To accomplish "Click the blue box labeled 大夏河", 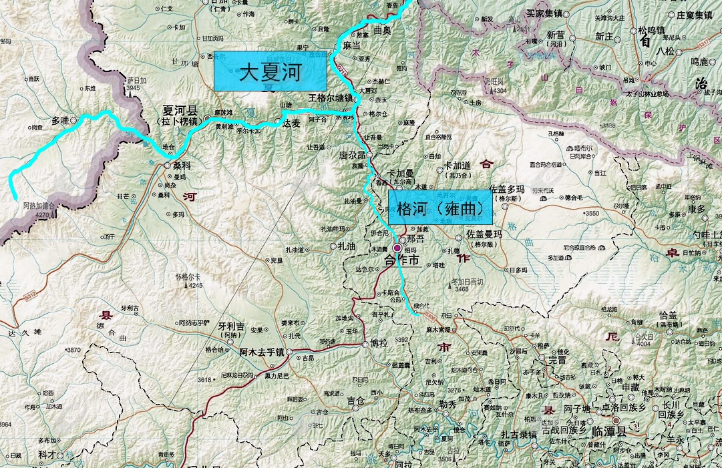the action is coord(270,71).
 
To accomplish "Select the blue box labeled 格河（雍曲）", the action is coord(440,207).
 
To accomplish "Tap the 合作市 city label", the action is coord(403,261).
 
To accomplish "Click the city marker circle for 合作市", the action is coord(397,248).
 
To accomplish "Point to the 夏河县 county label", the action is coord(180,110).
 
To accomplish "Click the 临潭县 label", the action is coord(609,432).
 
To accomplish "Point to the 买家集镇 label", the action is coord(545,13).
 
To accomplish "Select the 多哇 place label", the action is coord(60,121).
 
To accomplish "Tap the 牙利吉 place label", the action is coord(231,327).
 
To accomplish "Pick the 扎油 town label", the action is coord(347,246).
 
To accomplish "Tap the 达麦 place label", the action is coord(292,124).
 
